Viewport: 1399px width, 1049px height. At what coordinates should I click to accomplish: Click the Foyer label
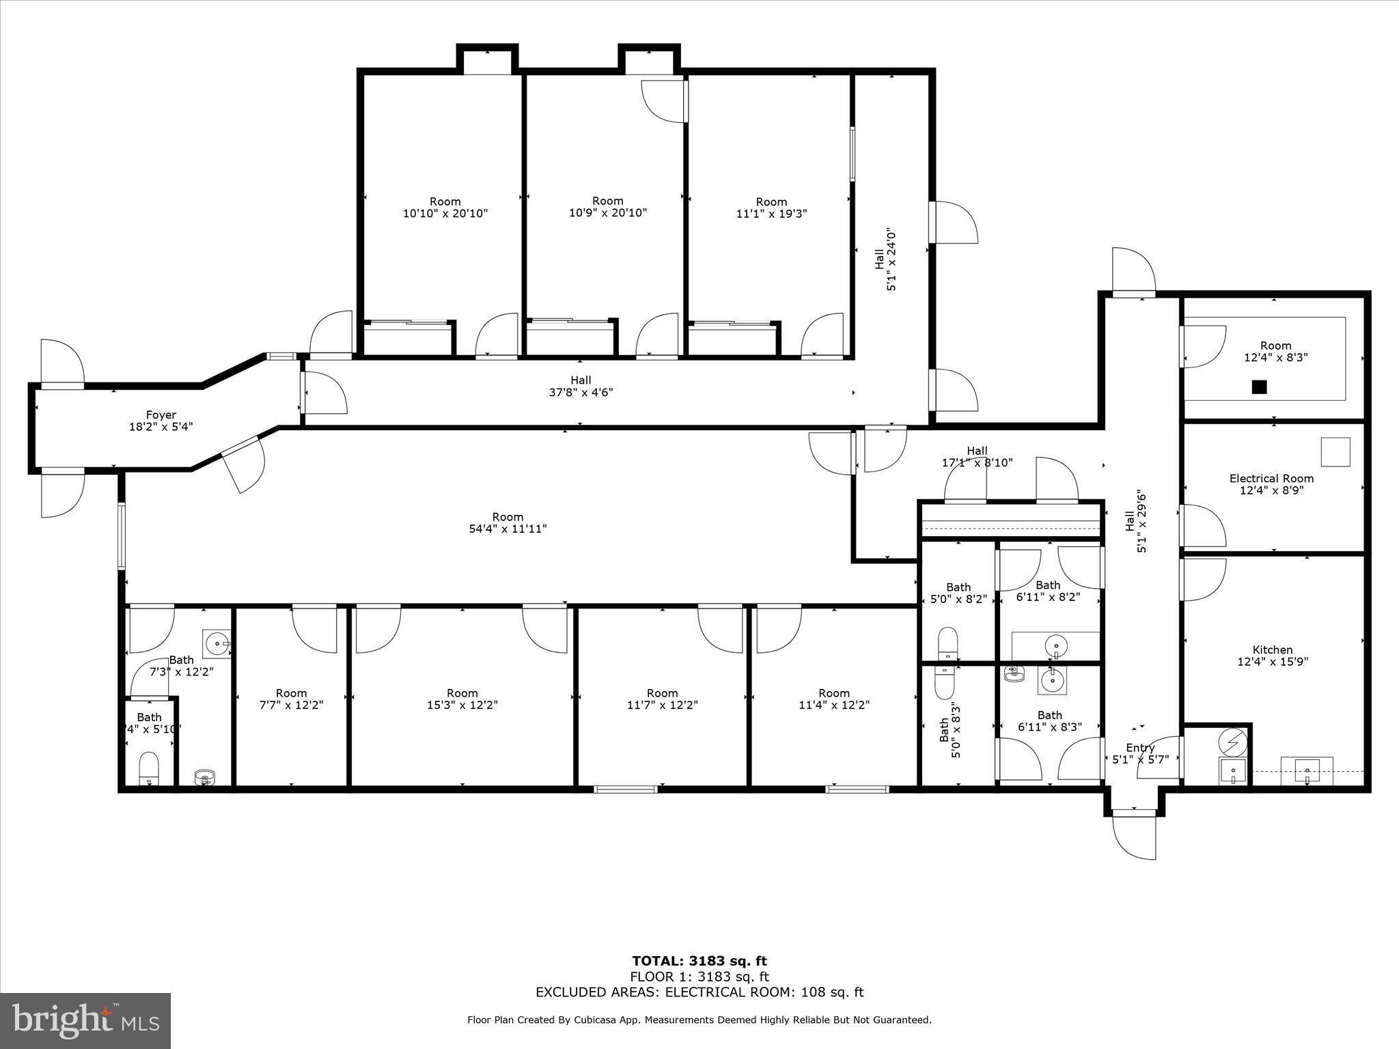click(x=161, y=415)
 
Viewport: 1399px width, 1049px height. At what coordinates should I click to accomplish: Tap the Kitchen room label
click(x=1273, y=649)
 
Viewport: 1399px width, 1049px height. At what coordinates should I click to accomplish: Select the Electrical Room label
click(x=1271, y=478)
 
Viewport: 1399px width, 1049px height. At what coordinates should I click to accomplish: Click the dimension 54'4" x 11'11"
click(x=508, y=529)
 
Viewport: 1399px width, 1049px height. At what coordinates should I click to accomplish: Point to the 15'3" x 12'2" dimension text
click(x=462, y=705)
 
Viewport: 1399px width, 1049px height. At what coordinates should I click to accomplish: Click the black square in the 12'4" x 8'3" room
click(x=1259, y=387)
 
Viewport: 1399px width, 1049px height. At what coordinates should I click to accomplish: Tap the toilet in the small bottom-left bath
click(x=148, y=769)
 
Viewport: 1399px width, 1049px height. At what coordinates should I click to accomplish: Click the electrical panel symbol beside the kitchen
click(x=1233, y=740)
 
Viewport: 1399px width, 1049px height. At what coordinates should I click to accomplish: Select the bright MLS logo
click(x=85, y=1021)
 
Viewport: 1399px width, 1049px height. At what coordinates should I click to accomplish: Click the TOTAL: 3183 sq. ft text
click(x=699, y=962)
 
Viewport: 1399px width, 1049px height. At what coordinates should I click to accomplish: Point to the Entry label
click(x=1139, y=748)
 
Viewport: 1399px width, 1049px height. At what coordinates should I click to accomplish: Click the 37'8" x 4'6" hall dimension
click(x=581, y=392)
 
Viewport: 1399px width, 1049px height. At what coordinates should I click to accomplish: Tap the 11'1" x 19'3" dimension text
click(x=771, y=213)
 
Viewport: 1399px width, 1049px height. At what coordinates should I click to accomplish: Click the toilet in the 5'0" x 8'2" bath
click(x=947, y=643)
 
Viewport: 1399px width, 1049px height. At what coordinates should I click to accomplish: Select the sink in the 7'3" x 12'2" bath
click(x=218, y=643)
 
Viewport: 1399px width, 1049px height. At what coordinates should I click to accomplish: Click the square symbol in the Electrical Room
click(x=1335, y=451)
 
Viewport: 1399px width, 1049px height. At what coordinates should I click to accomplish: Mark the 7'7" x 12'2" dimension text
click(x=291, y=705)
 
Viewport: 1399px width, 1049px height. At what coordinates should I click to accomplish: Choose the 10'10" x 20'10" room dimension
click(x=445, y=213)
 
